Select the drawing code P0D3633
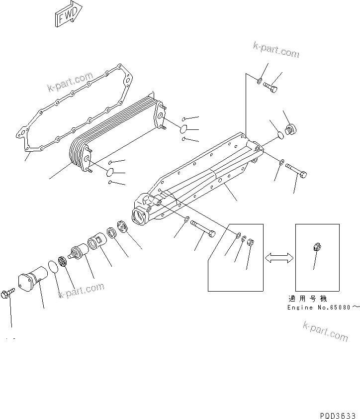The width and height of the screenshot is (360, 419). (338, 415)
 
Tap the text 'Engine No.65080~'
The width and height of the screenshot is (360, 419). (323, 308)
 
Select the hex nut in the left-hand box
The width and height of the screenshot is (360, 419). (251, 243)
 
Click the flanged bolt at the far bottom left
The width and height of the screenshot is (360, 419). (9, 294)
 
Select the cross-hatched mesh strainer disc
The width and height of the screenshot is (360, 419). (63, 262)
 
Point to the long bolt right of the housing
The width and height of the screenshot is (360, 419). (296, 173)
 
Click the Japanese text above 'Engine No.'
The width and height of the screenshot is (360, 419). (307, 299)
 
